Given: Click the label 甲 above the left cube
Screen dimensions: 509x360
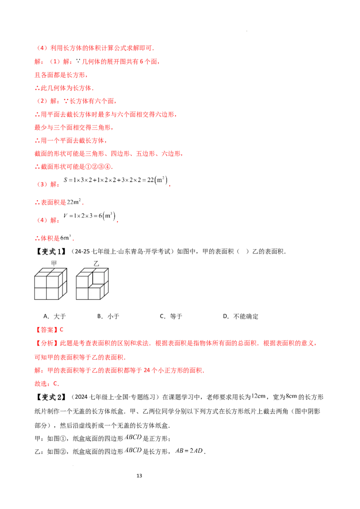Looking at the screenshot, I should click(54, 263).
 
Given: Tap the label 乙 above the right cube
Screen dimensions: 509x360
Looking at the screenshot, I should click(96, 263).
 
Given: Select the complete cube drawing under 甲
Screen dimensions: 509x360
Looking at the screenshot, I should click(50, 284).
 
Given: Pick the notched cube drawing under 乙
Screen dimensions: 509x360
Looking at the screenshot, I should click(92, 284).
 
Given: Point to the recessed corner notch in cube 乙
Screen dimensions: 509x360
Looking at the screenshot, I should click(98, 278).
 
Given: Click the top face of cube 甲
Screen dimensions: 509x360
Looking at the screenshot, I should click(52, 272).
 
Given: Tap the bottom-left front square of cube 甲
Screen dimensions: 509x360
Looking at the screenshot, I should click(40, 294).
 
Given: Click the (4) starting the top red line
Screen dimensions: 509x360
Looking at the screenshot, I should click(42, 48).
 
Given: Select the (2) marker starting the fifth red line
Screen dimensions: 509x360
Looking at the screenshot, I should click(42, 101).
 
